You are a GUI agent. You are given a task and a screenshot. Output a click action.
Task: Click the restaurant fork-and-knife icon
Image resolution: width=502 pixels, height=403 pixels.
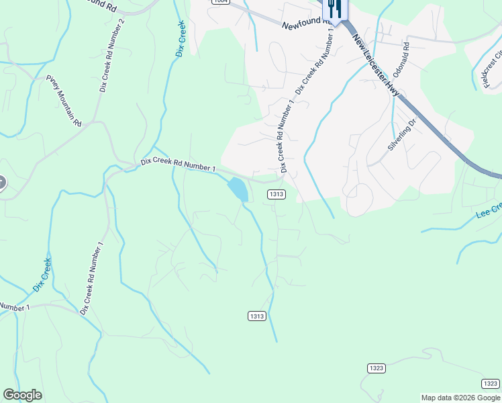(334, 9)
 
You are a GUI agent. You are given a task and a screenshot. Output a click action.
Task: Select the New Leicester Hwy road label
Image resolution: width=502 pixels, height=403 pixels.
(376, 68)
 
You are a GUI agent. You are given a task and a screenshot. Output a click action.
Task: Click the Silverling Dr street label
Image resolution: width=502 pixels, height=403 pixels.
(403, 134)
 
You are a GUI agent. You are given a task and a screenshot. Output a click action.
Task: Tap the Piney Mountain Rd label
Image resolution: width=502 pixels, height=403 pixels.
(64, 101)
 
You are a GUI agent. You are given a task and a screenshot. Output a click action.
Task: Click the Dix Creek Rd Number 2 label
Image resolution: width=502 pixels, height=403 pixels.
(112, 54)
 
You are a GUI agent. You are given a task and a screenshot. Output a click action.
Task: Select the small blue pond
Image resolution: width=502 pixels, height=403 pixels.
(238, 189)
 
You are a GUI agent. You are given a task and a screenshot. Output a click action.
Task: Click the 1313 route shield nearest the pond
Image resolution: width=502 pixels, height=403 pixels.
(277, 194)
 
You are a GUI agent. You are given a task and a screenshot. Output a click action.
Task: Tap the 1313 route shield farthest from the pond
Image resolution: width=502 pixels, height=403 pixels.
(256, 316)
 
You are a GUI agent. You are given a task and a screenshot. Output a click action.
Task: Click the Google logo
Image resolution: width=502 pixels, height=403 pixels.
(22, 395)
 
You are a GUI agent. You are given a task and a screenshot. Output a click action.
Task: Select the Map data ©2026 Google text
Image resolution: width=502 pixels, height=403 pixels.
(460, 398)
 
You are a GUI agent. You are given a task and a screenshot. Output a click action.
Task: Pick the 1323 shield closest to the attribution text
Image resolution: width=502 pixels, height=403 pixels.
(490, 383)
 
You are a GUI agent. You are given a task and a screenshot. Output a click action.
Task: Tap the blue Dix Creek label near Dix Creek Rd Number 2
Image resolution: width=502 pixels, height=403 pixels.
(180, 38)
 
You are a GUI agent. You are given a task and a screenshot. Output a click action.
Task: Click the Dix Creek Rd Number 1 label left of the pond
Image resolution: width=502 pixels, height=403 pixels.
(179, 165)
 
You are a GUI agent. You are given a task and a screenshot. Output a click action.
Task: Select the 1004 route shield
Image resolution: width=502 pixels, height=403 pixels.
(220, 2)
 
